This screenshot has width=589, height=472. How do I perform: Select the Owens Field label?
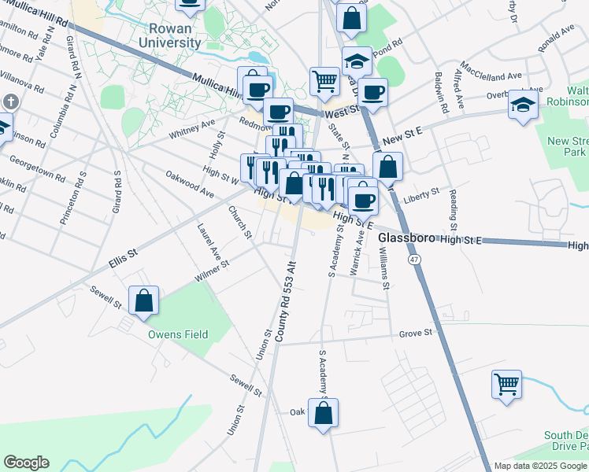(179, 334)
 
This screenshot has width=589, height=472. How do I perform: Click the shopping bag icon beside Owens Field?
(143, 301)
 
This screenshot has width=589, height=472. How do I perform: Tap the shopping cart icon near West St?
(324, 80)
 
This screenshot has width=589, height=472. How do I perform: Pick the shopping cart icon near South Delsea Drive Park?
(507, 385)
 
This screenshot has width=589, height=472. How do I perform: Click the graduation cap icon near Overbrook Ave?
(523, 105)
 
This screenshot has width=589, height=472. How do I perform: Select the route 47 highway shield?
(413, 259)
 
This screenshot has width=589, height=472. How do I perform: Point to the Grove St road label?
(416, 333)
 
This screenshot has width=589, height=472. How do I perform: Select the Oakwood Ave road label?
(190, 183)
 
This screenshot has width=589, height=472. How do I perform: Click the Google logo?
(26, 463)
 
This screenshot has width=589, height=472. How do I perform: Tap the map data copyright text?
(540, 466)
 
